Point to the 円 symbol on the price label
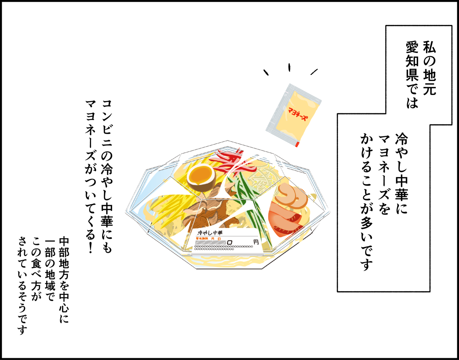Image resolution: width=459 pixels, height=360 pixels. [x=256, y=242]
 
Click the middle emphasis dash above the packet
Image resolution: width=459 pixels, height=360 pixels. [x=289, y=67]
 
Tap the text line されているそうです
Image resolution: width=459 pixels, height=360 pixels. [x=22, y=285]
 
